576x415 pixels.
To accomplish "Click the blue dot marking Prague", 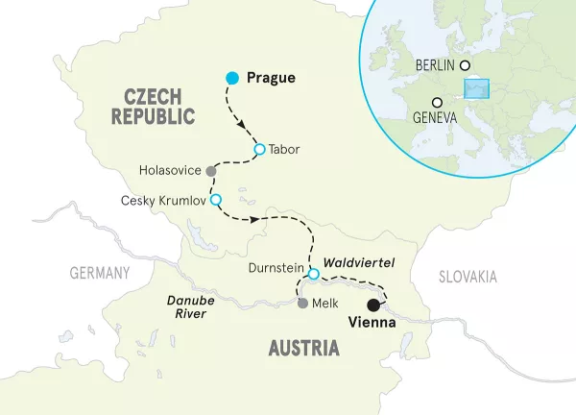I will pos(231,77).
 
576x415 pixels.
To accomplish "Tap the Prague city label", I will pos(271,77).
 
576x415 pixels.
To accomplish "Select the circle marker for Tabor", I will pos(259,149).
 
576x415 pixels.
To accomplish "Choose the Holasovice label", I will pos(170,170).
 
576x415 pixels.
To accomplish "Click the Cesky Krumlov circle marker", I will pos(215,200).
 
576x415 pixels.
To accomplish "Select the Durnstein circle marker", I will pos(313,275).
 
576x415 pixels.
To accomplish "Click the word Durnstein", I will pos(276,269).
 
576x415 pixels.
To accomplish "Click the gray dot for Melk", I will pos(303,304).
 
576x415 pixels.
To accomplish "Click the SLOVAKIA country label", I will pos(468,277).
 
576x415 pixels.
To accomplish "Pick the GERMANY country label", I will pos(99,273).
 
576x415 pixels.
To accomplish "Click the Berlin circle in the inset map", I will pos(466,65).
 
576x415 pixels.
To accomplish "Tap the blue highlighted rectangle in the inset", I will pos(477,88).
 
